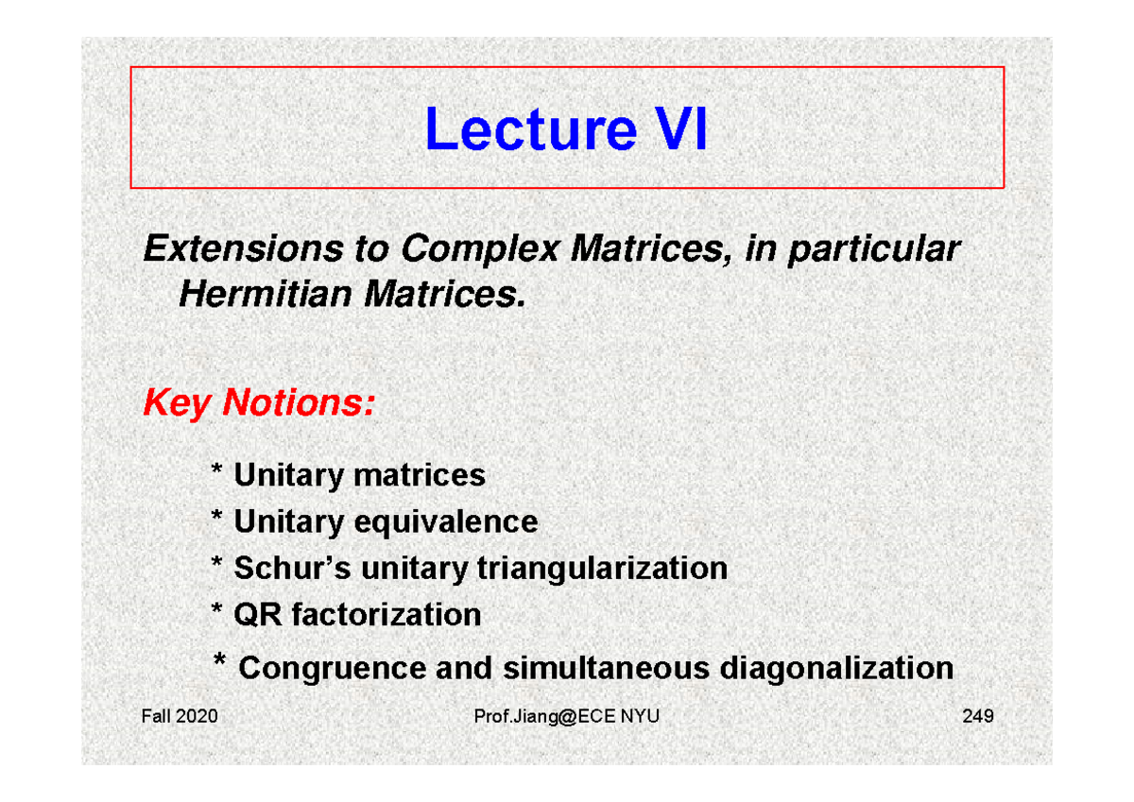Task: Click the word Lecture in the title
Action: tap(529, 130)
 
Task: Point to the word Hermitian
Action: tap(265, 296)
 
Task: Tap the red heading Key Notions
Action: tap(258, 403)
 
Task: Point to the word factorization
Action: tap(387, 615)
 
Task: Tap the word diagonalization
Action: tap(836, 668)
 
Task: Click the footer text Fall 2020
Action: tap(179, 717)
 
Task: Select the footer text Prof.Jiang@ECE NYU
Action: tap(568, 717)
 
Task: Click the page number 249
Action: tap(977, 717)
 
